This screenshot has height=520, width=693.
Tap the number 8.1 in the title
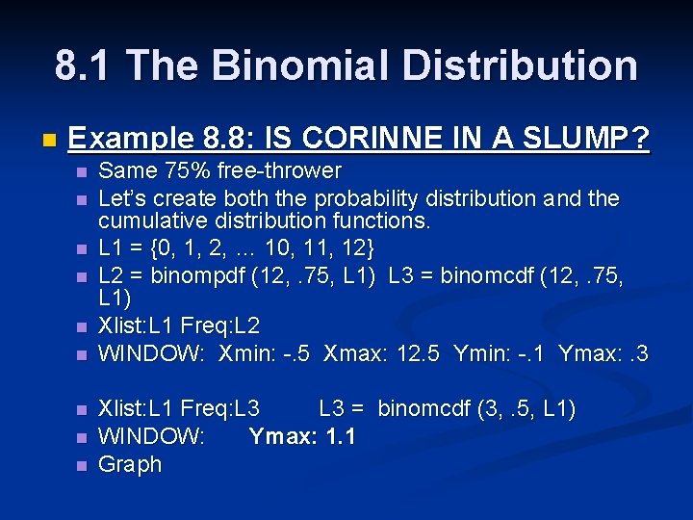(x=84, y=65)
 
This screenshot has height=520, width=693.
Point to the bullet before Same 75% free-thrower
(x=81, y=172)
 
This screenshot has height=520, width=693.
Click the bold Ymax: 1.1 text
(x=302, y=436)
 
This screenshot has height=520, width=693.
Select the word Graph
(x=130, y=464)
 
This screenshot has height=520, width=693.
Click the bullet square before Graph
(x=81, y=465)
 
